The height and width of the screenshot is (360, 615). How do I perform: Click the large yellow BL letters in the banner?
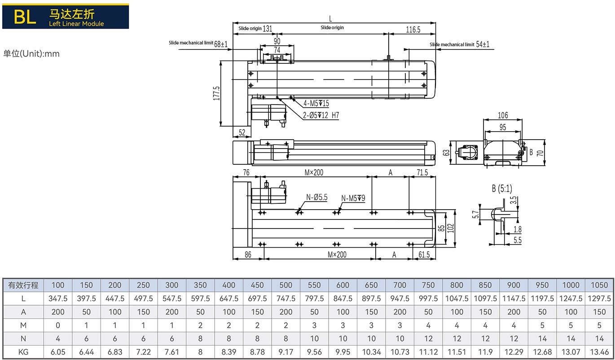tap(25, 17)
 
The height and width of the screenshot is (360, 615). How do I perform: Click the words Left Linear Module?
tap(76, 24)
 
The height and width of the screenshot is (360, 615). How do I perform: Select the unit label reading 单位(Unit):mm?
tap(31, 53)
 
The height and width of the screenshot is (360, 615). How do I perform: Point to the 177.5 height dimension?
tap(217, 93)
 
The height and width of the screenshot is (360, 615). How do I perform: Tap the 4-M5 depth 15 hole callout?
tap(316, 104)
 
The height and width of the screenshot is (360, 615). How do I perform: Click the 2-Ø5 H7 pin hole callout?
tap(321, 115)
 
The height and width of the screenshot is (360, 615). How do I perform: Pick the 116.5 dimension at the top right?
tap(413, 30)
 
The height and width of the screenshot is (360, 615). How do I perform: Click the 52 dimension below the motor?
tap(242, 132)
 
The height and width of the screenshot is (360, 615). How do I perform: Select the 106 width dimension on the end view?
tap(503, 115)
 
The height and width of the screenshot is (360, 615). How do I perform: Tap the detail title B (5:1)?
tap(502, 189)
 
